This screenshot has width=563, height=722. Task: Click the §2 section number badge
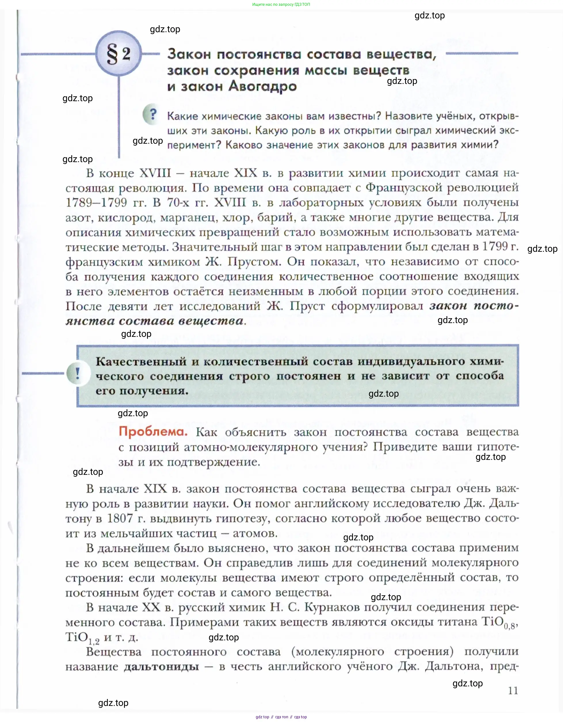click(119, 53)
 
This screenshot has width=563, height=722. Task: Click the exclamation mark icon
click(78, 374)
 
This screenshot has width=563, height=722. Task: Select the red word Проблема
click(153, 432)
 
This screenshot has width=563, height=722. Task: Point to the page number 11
click(513, 690)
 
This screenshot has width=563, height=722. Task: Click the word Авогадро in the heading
click(262, 86)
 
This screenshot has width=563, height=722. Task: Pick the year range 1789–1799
click(96, 202)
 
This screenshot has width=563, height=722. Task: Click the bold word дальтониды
click(161, 667)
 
